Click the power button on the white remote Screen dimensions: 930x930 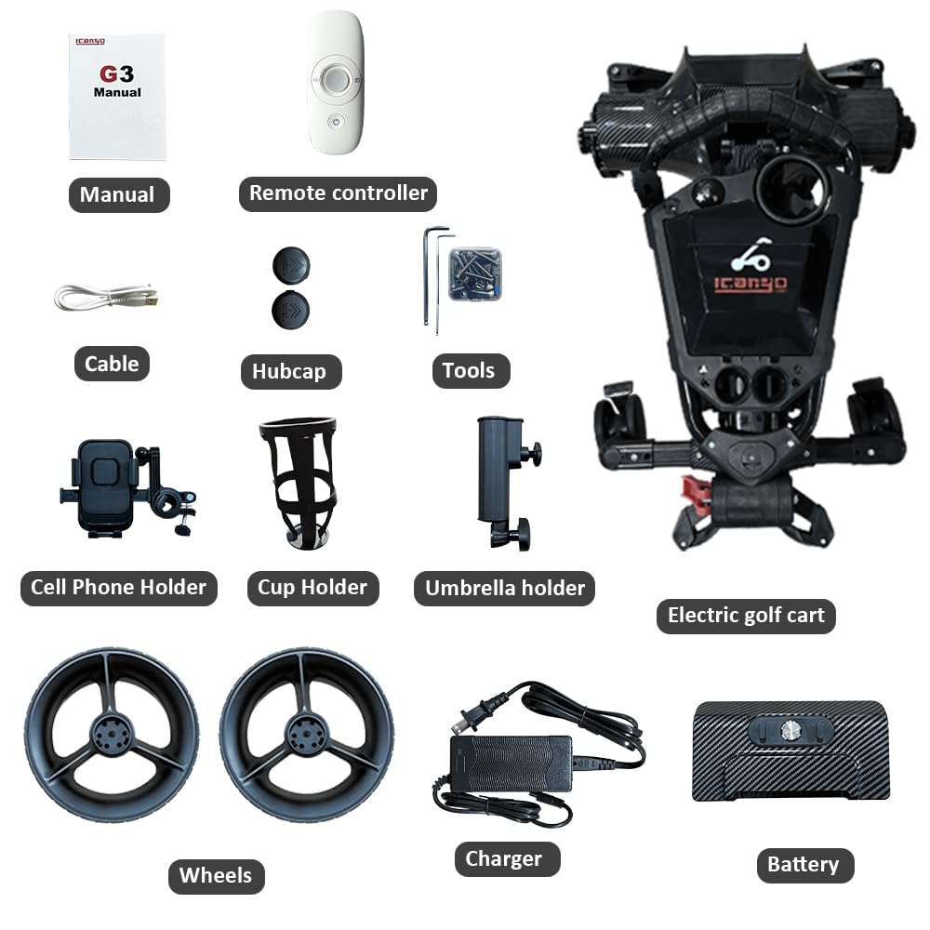pyautogui.click(x=336, y=122)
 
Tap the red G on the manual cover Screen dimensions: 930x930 pyautogui.click(x=109, y=74)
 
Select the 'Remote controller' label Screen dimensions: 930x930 pyautogui.click(x=339, y=193)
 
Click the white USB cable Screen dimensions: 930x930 pyautogui.click(x=106, y=297)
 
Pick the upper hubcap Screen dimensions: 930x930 pyautogui.click(x=291, y=266)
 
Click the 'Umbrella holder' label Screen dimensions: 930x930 pyautogui.click(x=504, y=588)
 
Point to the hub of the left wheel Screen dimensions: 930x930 pyautogui.click(x=112, y=735)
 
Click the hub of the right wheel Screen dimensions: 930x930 pyautogui.click(x=306, y=735)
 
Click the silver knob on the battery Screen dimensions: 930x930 pyautogui.click(x=790, y=730)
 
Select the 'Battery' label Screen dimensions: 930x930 pyautogui.click(x=805, y=865)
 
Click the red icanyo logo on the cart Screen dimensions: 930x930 pyautogui.click(x=751, y=284)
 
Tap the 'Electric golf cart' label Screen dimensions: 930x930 pyautogui.click(x=746, y=616)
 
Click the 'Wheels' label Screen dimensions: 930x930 pyautogui.click(x=217, y=876)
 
